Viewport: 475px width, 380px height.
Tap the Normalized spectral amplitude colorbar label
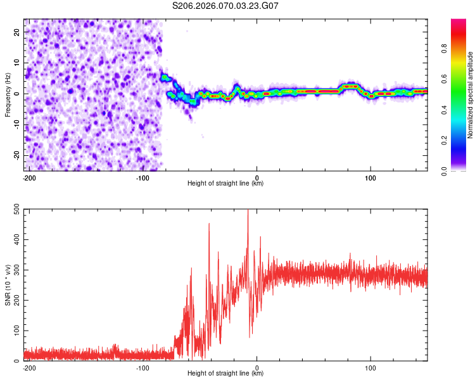[x=470, y=95]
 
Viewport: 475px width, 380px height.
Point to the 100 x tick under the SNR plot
[x=370, y=367]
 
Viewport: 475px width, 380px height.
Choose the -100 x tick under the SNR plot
[x=143, y=367]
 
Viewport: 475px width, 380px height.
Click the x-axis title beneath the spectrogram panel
[x=225, y=184]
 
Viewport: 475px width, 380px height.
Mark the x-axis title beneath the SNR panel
[x=225, y=374]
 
